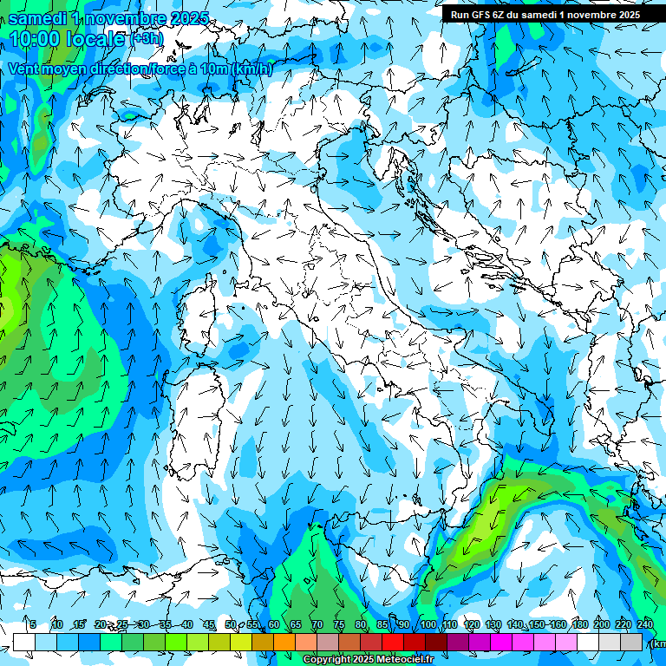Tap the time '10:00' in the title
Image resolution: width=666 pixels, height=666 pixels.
(x=36, y=39)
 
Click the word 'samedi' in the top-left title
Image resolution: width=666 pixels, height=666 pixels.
(x=36, y=17)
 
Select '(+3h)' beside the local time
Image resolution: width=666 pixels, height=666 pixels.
(x=146, y=38)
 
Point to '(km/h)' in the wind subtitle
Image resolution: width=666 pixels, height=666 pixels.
(x=252, y=69)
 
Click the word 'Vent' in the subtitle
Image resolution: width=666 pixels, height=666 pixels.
(x=25, y=69)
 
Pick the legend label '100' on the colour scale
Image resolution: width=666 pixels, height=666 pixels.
(x=428, y=625)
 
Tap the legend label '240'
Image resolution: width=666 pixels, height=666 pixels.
(x=645, y=625)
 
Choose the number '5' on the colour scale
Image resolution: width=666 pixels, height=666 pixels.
(x=33, y=625)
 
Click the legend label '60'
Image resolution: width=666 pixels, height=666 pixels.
(x=274, y=625)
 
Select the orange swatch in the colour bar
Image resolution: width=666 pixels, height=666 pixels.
(x=284, y=642)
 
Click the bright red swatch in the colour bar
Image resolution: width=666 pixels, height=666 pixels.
(x=393, y=642)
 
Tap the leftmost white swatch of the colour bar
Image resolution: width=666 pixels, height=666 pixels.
(x=24, y=642)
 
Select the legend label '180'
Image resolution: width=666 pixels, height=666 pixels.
(x=579, y=625)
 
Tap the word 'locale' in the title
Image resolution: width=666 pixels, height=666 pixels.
(x=96, y=39)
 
